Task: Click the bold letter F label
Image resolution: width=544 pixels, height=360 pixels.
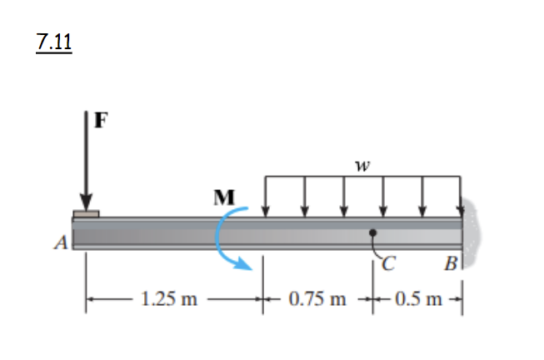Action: (101, 119)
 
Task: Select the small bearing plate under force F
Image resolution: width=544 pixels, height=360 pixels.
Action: (86, 214)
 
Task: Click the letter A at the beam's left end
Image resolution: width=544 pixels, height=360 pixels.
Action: (59, 243)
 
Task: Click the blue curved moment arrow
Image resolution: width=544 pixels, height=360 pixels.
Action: (221, 242)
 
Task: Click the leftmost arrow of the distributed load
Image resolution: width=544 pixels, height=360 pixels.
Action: (266, 196)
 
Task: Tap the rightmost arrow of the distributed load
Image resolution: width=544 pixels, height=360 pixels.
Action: (461, 196)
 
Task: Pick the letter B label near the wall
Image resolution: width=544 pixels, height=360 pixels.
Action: (450, 267)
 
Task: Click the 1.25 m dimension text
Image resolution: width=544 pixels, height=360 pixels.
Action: (168, 299)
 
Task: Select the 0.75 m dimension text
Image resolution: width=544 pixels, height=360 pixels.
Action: (317, 299)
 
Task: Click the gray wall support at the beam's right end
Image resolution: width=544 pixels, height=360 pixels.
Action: (472, 233)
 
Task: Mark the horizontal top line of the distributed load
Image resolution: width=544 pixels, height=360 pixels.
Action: (362, 176)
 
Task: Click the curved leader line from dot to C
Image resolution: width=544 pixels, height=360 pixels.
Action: (376, 248)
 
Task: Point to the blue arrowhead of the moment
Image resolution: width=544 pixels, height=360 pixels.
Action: (244, 266)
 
